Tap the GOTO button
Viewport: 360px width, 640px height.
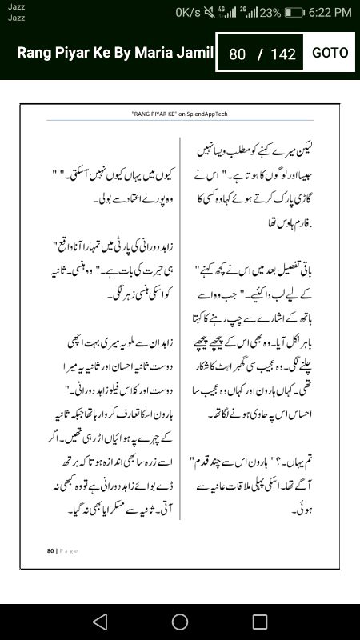[330, 53]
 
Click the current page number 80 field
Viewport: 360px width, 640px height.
[237, 54]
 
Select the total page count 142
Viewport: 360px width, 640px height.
[283, 54]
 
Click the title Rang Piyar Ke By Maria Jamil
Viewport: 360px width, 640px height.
[115, 53]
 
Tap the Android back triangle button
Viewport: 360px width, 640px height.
[100, 622]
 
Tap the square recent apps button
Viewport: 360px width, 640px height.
[260, 622]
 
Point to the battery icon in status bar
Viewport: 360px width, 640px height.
[294, 12]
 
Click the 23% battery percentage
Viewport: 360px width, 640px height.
[270, 12]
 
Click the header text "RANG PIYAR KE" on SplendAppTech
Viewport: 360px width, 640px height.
[179, 114]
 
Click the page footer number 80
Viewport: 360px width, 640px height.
[50, 550]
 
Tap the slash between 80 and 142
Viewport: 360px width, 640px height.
[260, 54]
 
